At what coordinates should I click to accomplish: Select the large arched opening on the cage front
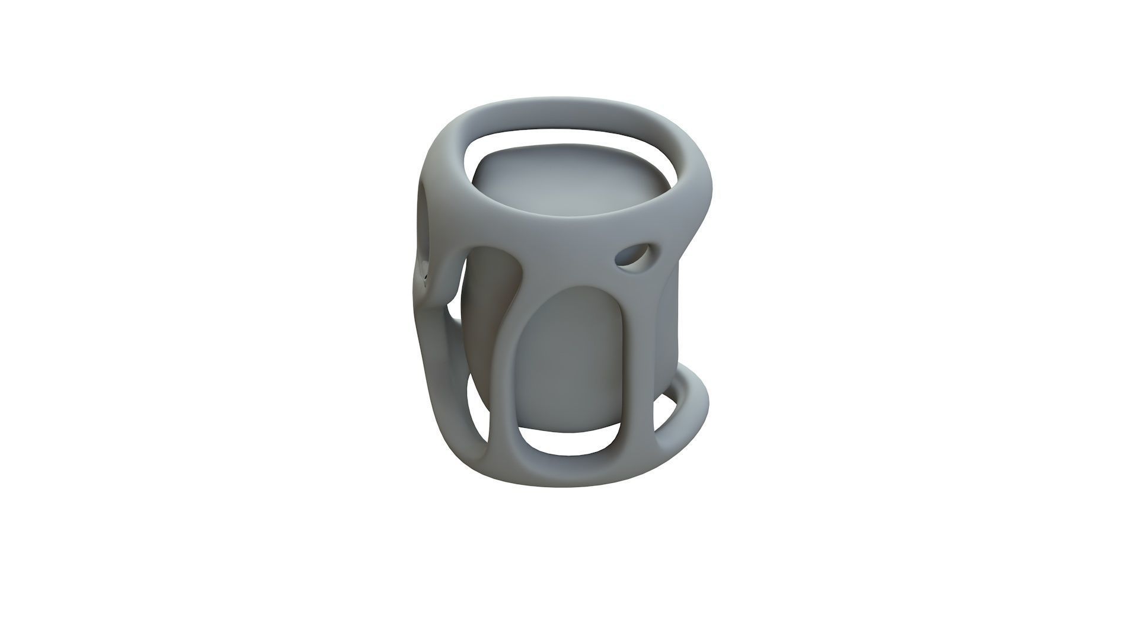tap(568, 356)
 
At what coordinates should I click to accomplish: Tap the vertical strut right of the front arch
tap(637, 367)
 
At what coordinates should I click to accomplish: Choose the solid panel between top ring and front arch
tap(569, 261)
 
